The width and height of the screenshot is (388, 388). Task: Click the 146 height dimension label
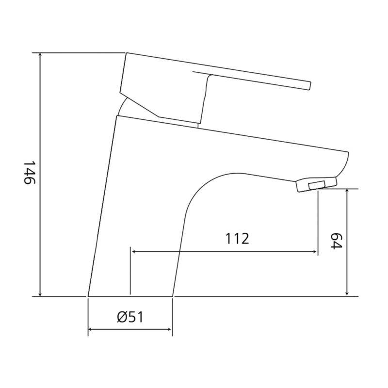tap(30, 173)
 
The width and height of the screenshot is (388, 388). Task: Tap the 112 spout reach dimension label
tap(237, 239)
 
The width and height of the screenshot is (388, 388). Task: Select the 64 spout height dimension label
tap(336, 241)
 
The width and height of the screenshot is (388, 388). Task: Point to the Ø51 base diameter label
tap(130, 317)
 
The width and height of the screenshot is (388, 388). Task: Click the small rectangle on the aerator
tap(317, 185)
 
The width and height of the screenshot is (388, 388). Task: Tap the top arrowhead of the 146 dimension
tap(40, 55)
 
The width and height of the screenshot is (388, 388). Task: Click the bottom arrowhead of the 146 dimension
tap(40, 293)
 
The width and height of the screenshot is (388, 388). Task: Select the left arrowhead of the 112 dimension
tap(134, 252)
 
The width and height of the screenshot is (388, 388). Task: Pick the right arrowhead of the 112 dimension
tap(314, 252)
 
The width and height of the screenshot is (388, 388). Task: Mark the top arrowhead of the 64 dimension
tap(347, 191)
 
